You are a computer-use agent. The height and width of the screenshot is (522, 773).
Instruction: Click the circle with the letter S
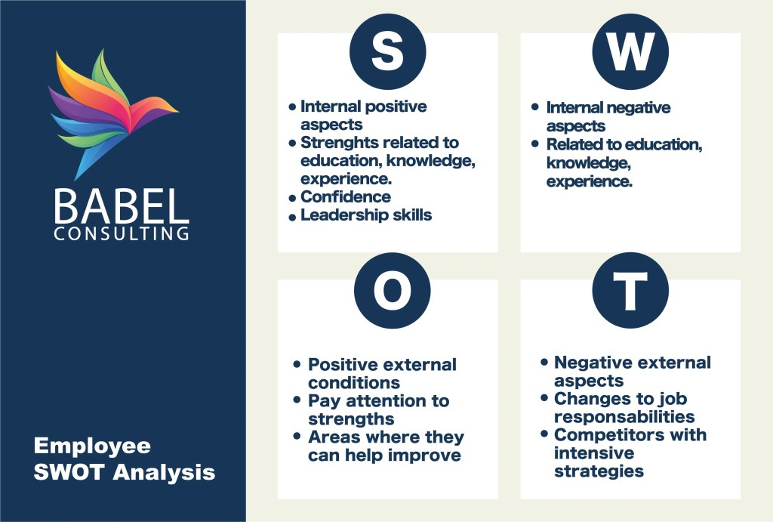pyautogui.click(x=387, y=51)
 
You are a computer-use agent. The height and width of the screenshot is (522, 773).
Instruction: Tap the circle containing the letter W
pyautogui.click(x=630, y=51)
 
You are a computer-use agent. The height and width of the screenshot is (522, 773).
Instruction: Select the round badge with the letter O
pyautogui.click(x=393, y=291)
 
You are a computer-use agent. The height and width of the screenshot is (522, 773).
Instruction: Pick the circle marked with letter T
pyautogui.click(x=630, y=291)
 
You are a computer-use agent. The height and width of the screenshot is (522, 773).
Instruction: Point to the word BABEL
pyautogui.click(x=122, y=207)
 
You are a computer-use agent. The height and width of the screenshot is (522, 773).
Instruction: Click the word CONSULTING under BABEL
pyautogui.click(x=122, y=233)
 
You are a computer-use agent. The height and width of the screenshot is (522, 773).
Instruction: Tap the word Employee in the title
pyautogui.click(x=92, y=446)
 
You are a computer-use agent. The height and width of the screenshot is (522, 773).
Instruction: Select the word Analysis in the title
pyautogui.click(x=165, y=472)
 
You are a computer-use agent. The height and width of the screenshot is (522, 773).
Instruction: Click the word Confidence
pyautogui.click(x=346, y=197)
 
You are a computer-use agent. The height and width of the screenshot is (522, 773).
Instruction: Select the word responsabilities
pyautogui.click(x=624, y=418)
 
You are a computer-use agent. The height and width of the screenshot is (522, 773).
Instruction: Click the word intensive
pyautogui.click(x=594, y=453)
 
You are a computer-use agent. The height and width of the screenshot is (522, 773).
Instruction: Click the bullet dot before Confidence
pyautogui.click(x=292, y=199)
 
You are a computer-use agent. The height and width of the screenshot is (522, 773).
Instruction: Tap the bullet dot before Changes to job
pyautogui.click(x=544, y=397)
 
